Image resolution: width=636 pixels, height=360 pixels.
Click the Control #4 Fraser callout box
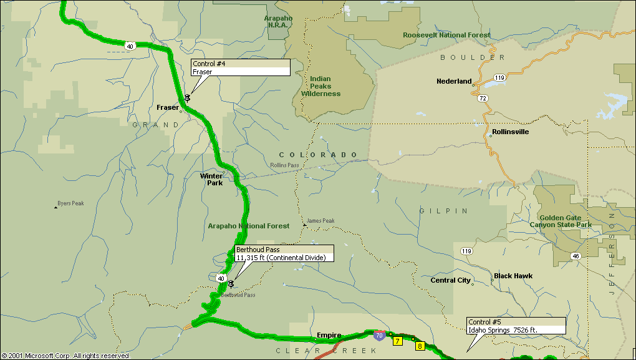pyautogui.click(x=240, y=68)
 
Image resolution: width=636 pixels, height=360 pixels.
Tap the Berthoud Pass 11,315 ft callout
pyautogui.click(x=284, y=253)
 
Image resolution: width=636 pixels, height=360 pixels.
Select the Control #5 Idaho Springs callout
pyautogui.click(x=516, y=325)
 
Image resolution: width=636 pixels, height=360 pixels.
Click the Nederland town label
pyautogui.click(x=454, y=81)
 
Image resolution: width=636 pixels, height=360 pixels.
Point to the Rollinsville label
pyautogui.click(x=510, y=132)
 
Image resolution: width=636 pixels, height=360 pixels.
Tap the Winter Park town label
pyautogui.click(x=211, y=179)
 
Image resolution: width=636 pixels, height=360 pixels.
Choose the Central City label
pyautogui.click(x=450, y=280)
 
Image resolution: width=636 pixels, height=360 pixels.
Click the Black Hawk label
pyautogui.click(x=513, y=276)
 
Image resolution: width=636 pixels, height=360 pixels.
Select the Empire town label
pyautogui.click(x=329, y=335)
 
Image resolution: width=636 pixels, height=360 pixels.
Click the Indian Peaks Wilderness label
pyautogui.click(x=321, y=86)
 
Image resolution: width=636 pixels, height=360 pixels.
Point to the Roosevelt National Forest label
pyautogui.click(x=446, y=35)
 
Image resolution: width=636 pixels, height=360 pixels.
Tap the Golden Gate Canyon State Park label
pyautogui.click(x=561, y=221)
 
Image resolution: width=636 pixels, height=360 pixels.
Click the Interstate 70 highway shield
pyautogui.click(x=379, y=335)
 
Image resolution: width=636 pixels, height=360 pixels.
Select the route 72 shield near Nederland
pyautogui.click(x=483, y=99)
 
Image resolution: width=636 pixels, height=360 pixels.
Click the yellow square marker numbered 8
pyautogui.click(x=420, y=346)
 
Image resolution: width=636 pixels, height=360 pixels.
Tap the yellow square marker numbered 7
pyautogui.click(x=397, y=341)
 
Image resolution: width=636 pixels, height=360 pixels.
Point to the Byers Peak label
pyautogui.click(x=70, y=203)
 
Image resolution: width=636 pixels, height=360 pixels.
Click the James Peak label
pyautogui.click(x=320, y=221)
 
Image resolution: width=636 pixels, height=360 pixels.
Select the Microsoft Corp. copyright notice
pyautogui.click(x=65, y=356)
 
